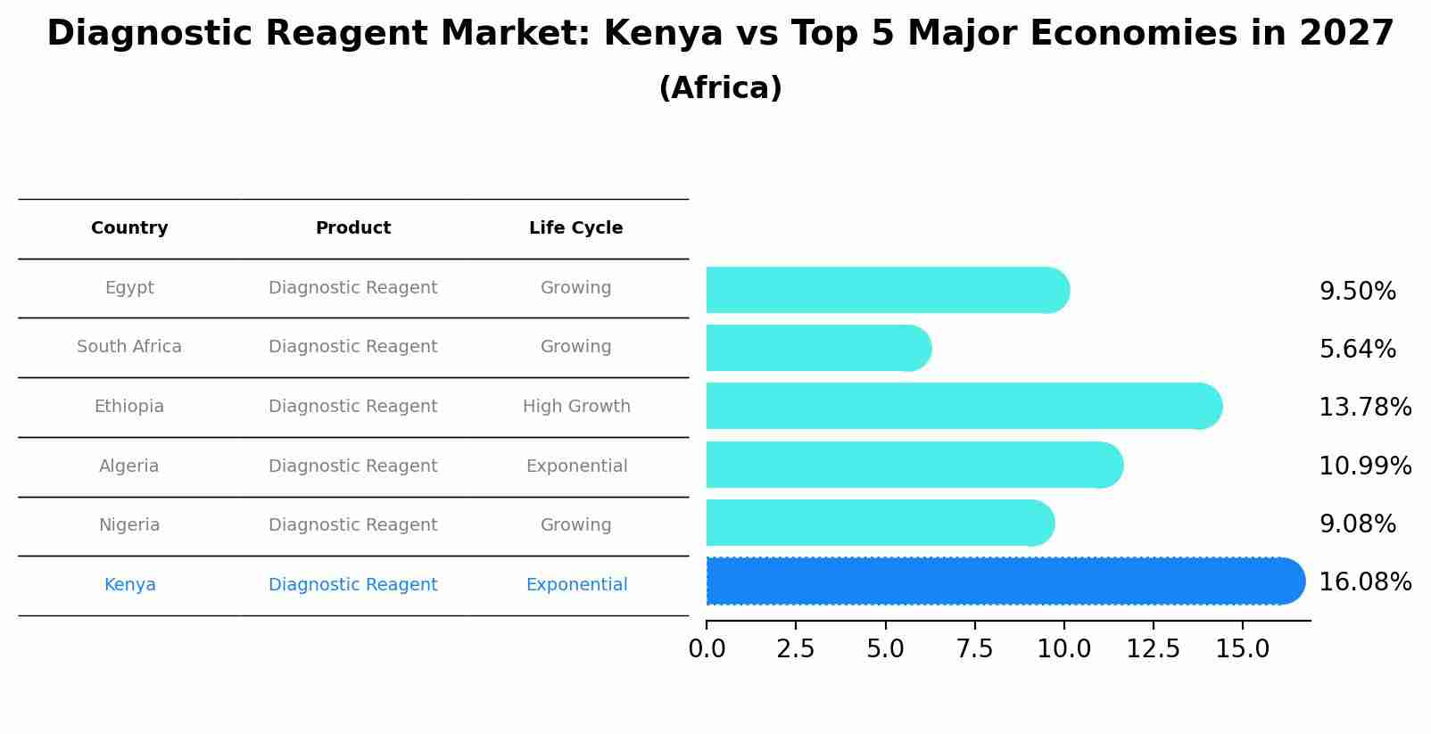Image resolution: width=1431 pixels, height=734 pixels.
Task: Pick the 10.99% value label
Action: tap(1364, 466)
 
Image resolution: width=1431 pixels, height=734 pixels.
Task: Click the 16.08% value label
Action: tap(1364, 582)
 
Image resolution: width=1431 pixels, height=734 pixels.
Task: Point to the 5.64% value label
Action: tap(1357, 349)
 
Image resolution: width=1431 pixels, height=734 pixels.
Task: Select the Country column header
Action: tap(129, 228)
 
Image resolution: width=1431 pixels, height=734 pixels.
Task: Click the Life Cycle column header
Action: tap(575, 228)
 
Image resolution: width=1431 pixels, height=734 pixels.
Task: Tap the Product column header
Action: tap(352, 228)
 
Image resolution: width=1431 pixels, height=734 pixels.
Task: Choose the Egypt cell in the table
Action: tap(129, 288)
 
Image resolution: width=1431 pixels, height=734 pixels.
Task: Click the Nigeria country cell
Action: tap(129, 525)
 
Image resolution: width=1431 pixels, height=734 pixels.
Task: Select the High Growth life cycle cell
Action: tap(576, 407)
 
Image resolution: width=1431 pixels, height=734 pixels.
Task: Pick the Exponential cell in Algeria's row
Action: tap(576, 466)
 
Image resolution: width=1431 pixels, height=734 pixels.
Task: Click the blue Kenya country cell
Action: tap(129, 585)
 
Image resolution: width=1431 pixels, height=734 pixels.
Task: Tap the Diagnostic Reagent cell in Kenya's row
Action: tap(352, 585)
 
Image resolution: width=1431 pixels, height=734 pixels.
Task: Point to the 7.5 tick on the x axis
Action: tap(974, 649)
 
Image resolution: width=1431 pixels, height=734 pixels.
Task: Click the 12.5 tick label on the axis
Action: tap(1153, 649)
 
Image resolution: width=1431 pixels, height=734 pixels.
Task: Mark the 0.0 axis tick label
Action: tap(707, 649)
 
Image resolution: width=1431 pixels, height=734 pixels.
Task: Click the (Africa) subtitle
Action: tap(720, 88)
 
